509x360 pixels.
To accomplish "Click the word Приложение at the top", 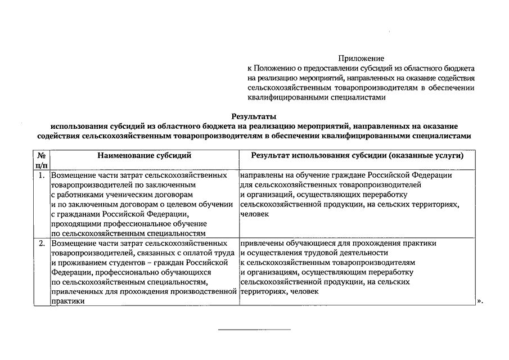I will tap(361, 58).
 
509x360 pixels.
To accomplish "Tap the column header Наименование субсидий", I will tap(143, 155).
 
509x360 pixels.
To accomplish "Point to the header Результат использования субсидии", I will tap(357, 155).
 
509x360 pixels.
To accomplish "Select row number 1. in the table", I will tap(42, 175).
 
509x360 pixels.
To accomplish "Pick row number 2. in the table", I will tap(42, 244).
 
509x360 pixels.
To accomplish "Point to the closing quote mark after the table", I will tap(479, 301).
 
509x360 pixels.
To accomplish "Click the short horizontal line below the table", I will tap(254, 329).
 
